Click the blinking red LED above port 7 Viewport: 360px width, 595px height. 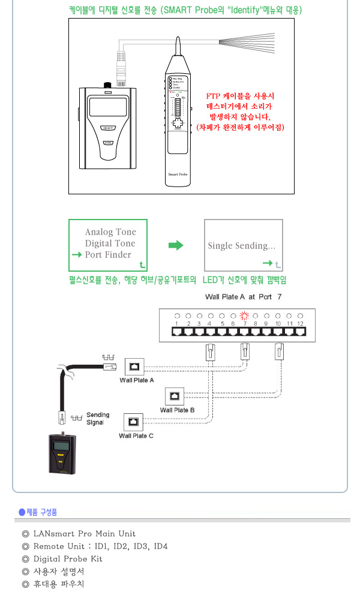244,315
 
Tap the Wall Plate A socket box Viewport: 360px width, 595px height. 134,367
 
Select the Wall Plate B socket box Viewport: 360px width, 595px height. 174,396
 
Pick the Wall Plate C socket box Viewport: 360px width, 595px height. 132,421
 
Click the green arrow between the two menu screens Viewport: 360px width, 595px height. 175,245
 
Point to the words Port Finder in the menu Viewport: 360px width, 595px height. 107,255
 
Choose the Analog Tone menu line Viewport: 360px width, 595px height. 110,232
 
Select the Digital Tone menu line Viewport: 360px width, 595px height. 110,244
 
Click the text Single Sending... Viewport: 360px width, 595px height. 241,246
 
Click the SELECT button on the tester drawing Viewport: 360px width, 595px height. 109,128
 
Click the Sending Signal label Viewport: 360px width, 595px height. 98,419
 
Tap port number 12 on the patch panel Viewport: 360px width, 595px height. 300,324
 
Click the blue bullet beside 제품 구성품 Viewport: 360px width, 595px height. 22,512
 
